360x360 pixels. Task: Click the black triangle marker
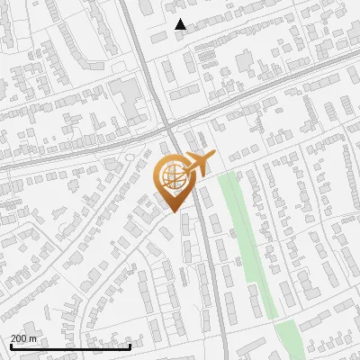tap(181, 24)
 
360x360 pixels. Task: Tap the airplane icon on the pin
tap(196, 164)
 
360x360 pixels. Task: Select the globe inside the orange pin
tap(171, 175)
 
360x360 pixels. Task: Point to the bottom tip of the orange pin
tap(171, 211)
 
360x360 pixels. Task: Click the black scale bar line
tap(70, 346)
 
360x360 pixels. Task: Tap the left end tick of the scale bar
tap(11, 345)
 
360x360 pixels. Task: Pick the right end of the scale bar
tap(130, 345)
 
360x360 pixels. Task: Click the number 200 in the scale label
tap(20, 337)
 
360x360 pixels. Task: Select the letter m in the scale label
tap(34, 337)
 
